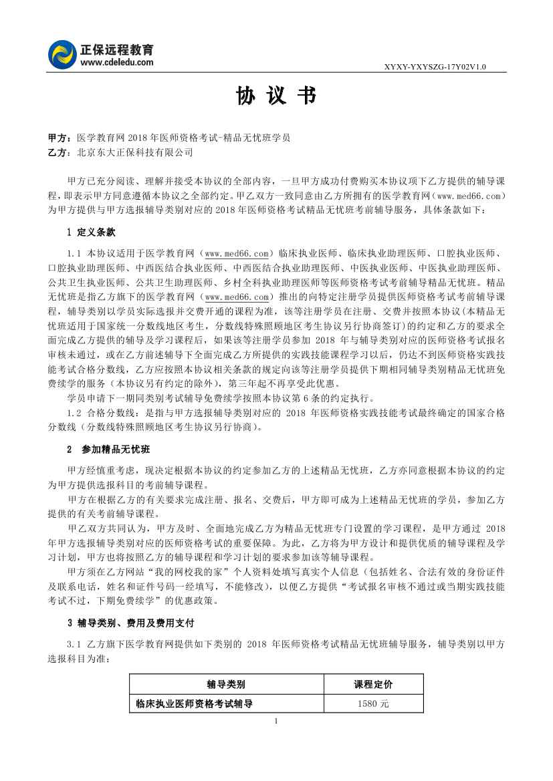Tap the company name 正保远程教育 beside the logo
[116, 49]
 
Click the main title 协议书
[275, 97]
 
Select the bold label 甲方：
[59, 138]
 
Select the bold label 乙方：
[59, 152]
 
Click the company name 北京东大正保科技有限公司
[135, 152]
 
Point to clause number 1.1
[74, 254]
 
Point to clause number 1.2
[74, 413]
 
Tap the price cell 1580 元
[372, 704]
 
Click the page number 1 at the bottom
[276, 722]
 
